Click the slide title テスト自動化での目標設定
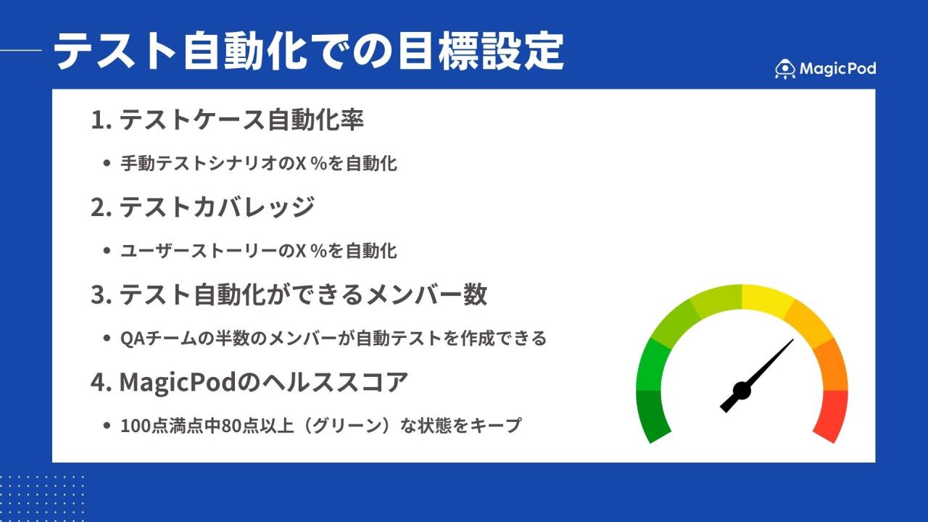click(309, 51)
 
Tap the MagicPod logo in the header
click(825, 69)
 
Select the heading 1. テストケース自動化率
click(227, 120)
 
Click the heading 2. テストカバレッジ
click(202, 207)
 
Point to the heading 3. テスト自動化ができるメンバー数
click(289, 294)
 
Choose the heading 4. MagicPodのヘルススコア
click(249, 382)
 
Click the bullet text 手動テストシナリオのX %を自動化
click(259, 164)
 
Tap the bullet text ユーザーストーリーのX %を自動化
click(259, 251)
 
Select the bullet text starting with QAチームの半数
click(333, 339)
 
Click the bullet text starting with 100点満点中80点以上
click(320, 426)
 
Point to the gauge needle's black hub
click(741, 391)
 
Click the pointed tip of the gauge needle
click(792, 340)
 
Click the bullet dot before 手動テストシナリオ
click(107, 164)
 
